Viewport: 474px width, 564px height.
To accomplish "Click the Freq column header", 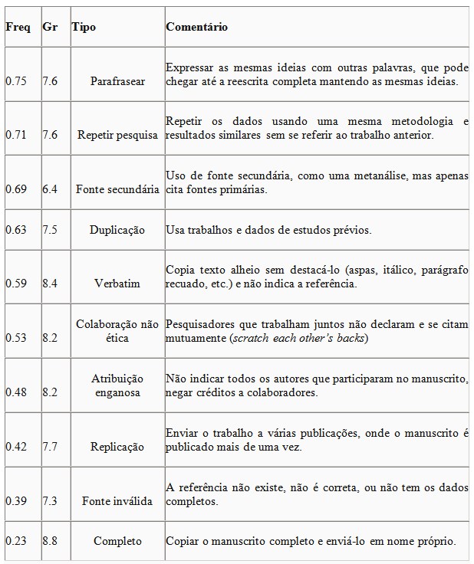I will (x=18, y=27).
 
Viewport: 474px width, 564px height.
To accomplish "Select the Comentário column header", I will (x=196, y=27).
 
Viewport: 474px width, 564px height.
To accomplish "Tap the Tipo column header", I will (x=84, y=27).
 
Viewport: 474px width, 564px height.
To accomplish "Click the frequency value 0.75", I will (x=16, y=80).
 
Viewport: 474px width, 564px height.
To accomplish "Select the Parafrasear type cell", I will (x=117, y=80).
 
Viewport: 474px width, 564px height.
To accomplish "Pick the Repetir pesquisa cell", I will (x=117, y=135).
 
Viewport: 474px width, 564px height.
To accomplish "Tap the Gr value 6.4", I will (x=50, y=189).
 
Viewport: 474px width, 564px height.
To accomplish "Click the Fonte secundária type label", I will (x=117, y=189).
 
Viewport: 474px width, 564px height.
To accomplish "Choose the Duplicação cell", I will (x=117, y=230).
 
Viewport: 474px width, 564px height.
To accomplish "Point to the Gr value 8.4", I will (x=50, y=284).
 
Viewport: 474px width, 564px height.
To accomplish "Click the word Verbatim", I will (x=117, y=284).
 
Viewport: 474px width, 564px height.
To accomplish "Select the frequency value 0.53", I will (x=16, y=337).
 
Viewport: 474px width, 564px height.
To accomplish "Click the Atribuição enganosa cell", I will (x=117, y=385).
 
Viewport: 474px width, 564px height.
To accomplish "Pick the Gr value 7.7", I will (x=50, y=446).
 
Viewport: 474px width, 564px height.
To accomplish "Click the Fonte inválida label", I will (x=117, y=500).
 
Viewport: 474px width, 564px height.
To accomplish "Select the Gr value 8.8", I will (x=50, y=541).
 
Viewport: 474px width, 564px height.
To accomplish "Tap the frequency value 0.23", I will (x=16, y=541).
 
